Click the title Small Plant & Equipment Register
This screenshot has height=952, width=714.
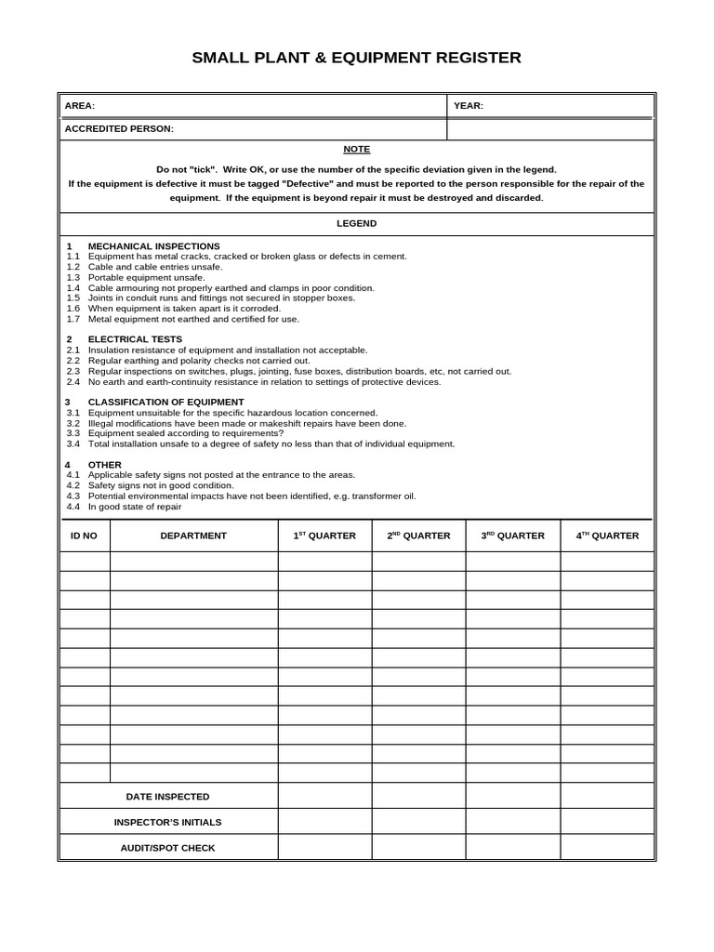356,58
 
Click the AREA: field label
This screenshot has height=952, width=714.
80,106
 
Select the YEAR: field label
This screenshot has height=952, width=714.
469,106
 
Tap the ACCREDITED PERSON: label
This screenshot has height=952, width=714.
119,129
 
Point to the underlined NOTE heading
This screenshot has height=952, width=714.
356,149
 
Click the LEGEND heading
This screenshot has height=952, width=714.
356,224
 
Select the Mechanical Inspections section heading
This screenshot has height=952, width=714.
153,246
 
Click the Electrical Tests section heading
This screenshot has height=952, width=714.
135,339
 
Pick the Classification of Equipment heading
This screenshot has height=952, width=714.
165,403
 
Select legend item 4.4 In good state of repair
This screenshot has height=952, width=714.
135,507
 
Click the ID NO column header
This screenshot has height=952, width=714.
84,535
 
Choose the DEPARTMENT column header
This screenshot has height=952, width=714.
193,535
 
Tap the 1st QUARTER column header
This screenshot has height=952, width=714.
324,535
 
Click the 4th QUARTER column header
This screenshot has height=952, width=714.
607,535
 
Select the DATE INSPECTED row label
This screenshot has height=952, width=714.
168,797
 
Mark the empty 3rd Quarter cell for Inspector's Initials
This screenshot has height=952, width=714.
512,822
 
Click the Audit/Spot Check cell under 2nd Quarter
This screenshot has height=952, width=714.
418,848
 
